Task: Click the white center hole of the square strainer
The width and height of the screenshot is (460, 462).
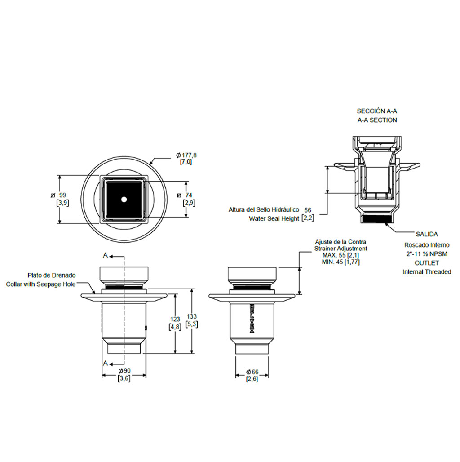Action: tap(124, 200)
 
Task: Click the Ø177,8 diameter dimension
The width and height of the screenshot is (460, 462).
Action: tap(186, 155)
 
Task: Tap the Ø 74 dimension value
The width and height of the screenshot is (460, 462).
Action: tap(185, 195)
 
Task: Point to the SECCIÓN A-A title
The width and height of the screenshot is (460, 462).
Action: tap(377, 111)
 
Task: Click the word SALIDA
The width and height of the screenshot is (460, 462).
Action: tap(427, 234)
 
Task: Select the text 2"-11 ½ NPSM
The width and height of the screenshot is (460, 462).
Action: tap(427, 254)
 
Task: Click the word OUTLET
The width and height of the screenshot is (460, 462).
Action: tap(427, 263)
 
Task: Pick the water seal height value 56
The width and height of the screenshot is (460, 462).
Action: tap(308, 210)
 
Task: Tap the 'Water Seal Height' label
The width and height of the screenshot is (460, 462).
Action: tap(274, 218)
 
